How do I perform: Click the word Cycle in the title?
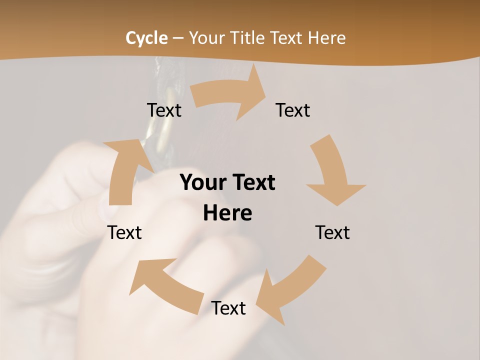(x=146, y=38)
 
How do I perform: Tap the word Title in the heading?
(x=247, y=38)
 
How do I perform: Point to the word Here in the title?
(x=326, y=38)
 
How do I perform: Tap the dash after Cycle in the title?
(x=178, y=38)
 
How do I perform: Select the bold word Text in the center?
(x=253, y=182)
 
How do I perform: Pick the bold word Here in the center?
(x=227, y=213)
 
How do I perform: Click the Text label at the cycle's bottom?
(x=228, y=308)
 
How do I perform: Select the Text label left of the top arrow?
(x=164, y=110)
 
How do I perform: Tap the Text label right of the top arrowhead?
(x=293, y=110)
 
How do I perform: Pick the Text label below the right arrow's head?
(x=332, y=232)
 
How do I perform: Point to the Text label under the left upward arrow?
(x=124, y=232)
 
